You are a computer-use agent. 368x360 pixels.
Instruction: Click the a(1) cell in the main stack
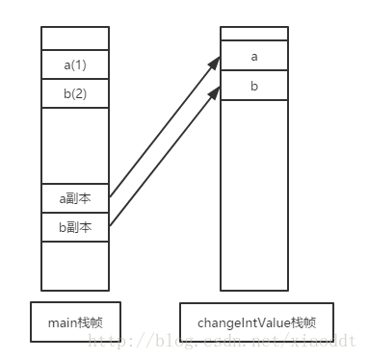(75, 64)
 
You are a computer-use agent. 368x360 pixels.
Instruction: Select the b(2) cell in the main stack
(75, 93)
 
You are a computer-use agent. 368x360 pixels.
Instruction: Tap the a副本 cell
(75, 198)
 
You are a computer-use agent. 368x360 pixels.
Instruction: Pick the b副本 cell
(75, 227)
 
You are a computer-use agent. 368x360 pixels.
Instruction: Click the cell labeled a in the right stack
(254, 57)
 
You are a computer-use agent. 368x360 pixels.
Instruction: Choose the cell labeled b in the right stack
(254, 86)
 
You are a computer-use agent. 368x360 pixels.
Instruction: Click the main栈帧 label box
(75, 322)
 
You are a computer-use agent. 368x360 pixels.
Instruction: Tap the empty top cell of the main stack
(75, 38)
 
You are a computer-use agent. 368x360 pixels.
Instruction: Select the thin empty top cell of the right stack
(254, 34)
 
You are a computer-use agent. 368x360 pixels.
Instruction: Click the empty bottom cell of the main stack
(75, 265)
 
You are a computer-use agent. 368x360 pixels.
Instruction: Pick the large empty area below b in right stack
(254, 193)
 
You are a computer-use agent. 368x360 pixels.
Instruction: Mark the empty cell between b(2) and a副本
(75, 145)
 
